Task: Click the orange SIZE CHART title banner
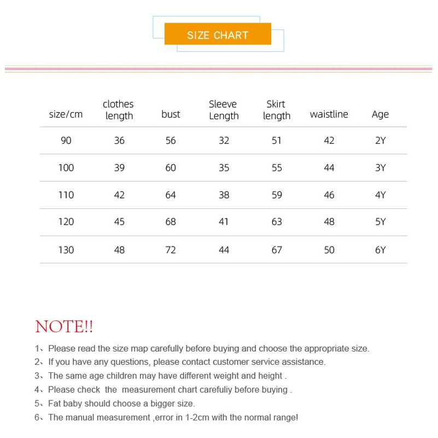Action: tap(218, 34)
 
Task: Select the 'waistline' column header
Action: tap(329, 114)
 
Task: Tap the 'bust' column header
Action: tap(171, 114)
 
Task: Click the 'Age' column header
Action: tap(380, 114)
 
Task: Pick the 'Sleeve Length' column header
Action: tap(224, 110)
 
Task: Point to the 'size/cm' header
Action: tap(66, 114)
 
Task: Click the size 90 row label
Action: tap(66, 141)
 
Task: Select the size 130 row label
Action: tap(66, 250)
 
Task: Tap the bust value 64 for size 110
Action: tap(171, 195)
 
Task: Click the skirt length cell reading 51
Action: tap(277, 141)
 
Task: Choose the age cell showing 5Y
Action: tap(380, 222)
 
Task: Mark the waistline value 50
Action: tap(329, 250)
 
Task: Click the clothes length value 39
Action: tap(119, 168)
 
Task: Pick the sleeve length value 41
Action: tap(224, 222)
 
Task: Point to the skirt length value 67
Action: tap(277, 250)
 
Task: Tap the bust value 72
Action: tap(171, 250)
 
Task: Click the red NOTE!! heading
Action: tap(64, 327)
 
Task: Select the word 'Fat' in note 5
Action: tap(55, 404)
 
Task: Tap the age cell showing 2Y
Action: tap(380, 141)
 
